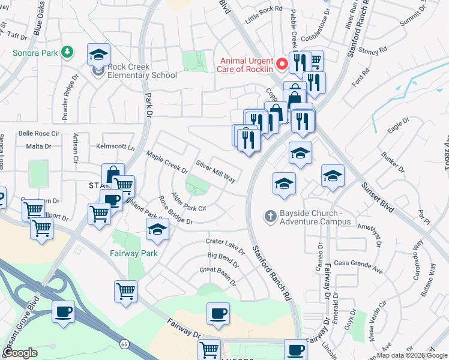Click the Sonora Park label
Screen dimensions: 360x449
pyautogui.click(x=35, y=53)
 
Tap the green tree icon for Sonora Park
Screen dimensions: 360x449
pyautogui.click(x=68, y=53)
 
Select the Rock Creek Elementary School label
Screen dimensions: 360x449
pyautogui.click(x=142, y=71)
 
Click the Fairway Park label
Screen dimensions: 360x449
pyautogui.click(x=133, y=253)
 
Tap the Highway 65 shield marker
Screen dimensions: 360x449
pyautogui.click(x=124, y=344)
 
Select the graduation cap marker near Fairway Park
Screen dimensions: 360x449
pyautogui.click(x=157, y=229)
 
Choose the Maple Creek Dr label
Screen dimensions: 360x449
pyautogui.click(x=163, y=160)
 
